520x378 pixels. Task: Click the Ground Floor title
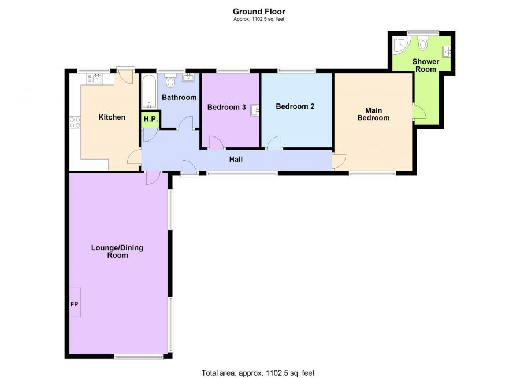[259, 12]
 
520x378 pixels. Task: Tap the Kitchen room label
[112, 117]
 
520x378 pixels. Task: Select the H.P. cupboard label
[151, 119]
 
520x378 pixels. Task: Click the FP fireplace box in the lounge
[75, 302]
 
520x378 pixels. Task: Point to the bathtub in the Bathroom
[149, 91]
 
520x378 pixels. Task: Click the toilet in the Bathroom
[170, 80]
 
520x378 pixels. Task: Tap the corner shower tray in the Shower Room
[402, 45]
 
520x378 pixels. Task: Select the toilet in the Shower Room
[423, 43]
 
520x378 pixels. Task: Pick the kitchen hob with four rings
[75, 122]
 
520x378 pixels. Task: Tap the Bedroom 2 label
[295, 106]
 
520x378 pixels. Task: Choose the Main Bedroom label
[373, 114]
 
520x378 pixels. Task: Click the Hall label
[236, 160]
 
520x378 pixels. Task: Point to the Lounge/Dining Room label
[117, 251]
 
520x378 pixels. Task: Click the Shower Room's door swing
[419, 112]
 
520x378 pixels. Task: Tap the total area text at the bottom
[258, 373]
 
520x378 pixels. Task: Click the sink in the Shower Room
[447, 52]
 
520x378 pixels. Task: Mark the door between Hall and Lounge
[154, 178]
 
